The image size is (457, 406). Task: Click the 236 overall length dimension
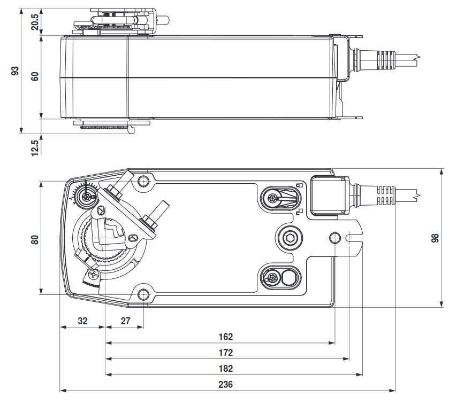click(226, 384)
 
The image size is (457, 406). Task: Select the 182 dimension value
click(226, 368)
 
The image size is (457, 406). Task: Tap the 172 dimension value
click(226, 353)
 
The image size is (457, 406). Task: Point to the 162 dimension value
click(226, 337)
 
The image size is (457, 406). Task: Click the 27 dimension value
click(125, 321)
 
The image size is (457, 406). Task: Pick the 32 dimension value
click(82, 321)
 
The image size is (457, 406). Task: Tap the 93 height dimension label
click(16, 71)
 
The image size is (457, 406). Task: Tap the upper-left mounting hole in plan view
click(143, 180)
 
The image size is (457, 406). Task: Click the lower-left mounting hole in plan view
click(143, 294)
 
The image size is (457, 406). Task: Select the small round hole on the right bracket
click(335, 237)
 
